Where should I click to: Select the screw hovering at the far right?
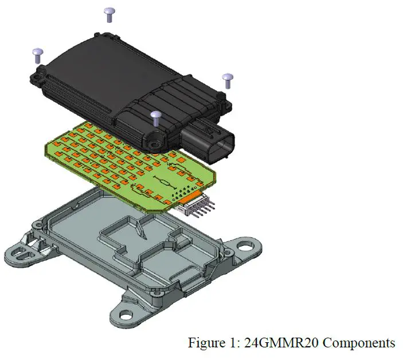tap(227, 79)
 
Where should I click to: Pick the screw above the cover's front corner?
tap(155, 118)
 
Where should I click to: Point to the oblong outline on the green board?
tap(163, 183)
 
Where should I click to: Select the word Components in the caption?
tap(361, 343)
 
